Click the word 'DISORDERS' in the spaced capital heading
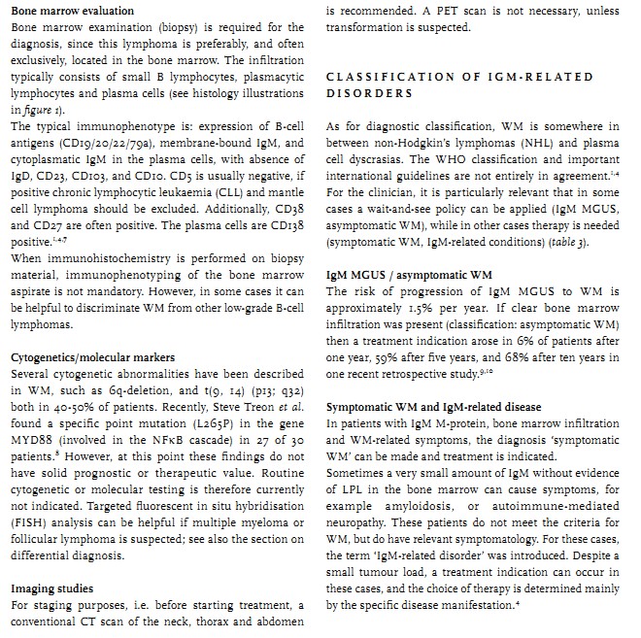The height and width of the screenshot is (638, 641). pyautogui.click(x=368, y=94)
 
